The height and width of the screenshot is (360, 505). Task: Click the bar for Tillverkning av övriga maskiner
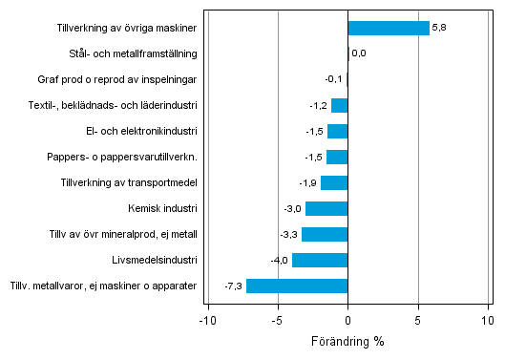(x=389, y=28)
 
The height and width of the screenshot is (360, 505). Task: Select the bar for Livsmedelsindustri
(x=320, y=260)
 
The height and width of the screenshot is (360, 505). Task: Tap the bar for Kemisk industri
(x=326, y=208)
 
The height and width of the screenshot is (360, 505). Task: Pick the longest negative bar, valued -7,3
(x=297, y=286)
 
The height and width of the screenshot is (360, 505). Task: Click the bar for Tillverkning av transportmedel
(x=334, y=182)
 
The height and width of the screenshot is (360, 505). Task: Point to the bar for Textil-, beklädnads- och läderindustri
(x=339, y=105)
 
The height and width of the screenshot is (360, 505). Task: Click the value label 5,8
(x=439, y=28)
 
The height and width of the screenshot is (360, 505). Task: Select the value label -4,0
(x=279, y=260)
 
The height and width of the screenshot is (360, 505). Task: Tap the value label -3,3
(x=288, y=234)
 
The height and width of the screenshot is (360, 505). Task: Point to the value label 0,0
(x=359, y=53)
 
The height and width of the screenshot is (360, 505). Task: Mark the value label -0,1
(x=333, y=79)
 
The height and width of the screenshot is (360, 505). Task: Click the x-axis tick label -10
(x=206, y=321)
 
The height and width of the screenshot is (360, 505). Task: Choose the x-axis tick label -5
(x=277, y=321)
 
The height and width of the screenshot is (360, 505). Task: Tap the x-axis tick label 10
(x=488, y=321)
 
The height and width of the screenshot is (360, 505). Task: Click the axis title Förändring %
(x=347, y=341)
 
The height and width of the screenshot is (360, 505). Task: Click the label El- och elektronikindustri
(x=142, y=131)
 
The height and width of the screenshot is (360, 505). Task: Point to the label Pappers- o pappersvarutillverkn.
(x=135, y=157)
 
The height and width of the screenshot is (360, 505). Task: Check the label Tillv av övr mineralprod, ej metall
(x=123, y=234)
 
